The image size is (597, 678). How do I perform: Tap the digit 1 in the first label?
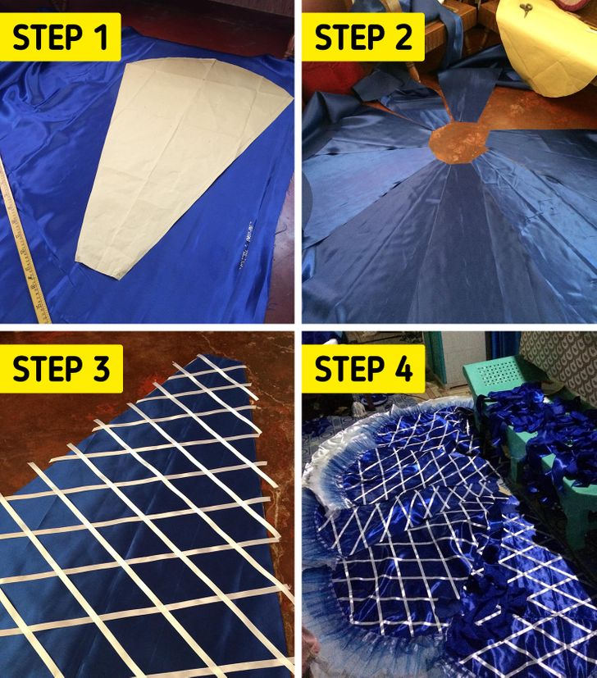pos(102,37)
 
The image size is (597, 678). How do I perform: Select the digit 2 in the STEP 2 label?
pos(403,37)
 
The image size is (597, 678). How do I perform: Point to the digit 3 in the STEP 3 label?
pos(102,369)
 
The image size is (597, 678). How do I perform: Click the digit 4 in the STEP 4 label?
pos(403,369)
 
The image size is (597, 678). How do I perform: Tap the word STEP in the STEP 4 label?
pos(349,369)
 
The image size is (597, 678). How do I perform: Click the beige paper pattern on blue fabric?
pos(182,164)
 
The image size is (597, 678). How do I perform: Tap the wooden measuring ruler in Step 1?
pos(24,242)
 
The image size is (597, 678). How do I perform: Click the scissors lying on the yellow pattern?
pos(526,11)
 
